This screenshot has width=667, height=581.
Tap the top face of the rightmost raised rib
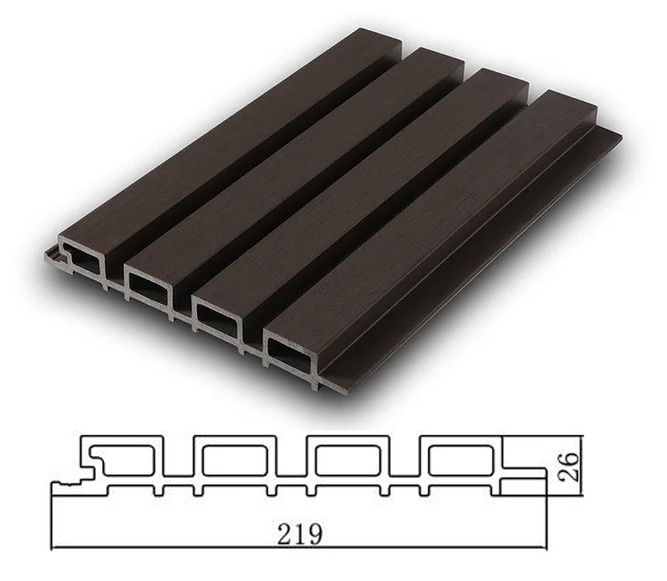[x=438, y=219]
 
